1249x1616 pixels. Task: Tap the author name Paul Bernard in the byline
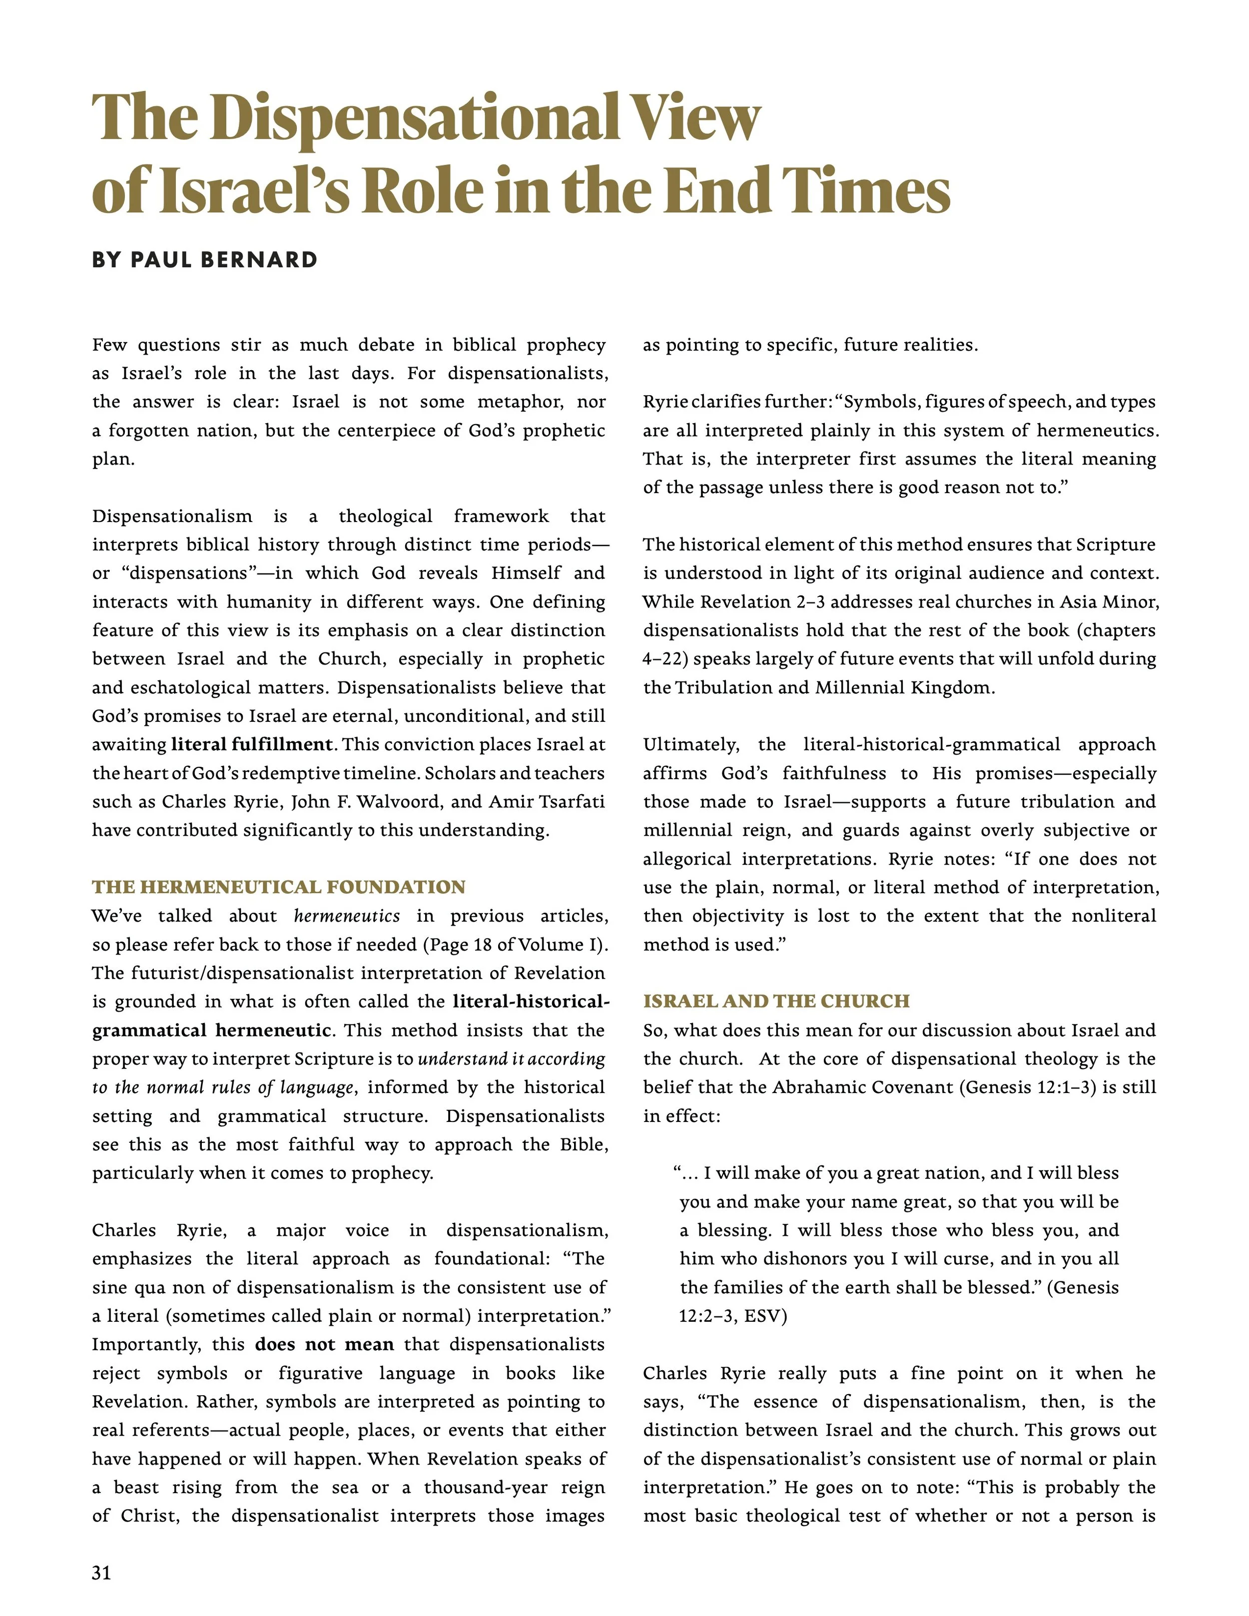tap(224, 260)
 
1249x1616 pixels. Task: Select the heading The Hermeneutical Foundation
tap(279, 887)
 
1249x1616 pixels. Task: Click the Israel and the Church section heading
tap(776, 1001)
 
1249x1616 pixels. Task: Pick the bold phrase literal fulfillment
tap(252, 744)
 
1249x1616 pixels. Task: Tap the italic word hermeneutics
tap(347, 916)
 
